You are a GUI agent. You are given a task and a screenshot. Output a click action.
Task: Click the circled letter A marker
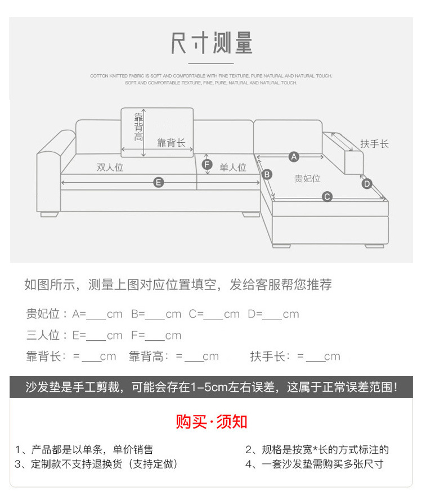pyautogui.click(x=293, y=156)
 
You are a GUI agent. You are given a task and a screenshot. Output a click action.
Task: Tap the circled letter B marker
pyautogui.click(x=267, y=174)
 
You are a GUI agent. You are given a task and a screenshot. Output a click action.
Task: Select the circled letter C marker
pyautogui.click(x=327, y=196)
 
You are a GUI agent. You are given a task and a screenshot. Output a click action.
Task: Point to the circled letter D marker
pyautogui.click(x=367, y=183)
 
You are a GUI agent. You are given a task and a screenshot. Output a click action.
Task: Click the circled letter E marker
pyautogui.click(x=159, y=182)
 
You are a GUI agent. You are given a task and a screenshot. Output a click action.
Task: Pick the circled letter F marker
pyautogui.click(x=207, y=164)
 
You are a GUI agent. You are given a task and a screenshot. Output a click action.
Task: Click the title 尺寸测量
pyautogui.click(x=212, y=44)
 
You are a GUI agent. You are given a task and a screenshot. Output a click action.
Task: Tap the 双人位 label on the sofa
pyautogui.click(x=110, y=167)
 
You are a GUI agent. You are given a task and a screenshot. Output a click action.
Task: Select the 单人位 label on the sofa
pyautogui.click(x=233, y=167)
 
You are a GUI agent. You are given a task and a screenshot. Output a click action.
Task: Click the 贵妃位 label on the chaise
pyautogui.click(x=307, y=178)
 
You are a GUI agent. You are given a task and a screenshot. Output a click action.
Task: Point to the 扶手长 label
pyautogui.click(x=375, y=144)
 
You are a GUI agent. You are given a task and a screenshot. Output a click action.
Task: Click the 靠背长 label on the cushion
pyautogui.click(x=171, y=143)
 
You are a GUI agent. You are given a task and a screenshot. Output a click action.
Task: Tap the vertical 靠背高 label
pyautogui.click(x=138, y=127)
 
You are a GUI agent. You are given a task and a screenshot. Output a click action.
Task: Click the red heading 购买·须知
pyautogui.click(x=212, y=421)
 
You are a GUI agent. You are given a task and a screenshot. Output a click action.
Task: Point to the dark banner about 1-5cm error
pyautogui.click(x=212, y=387)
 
